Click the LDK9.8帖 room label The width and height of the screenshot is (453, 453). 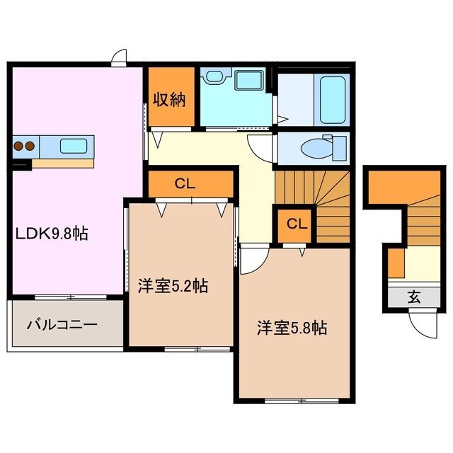click(x=49, y=234)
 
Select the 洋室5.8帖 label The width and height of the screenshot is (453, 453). click(x=291, y=328)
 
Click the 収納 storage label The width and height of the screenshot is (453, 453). click(x=170, y=99)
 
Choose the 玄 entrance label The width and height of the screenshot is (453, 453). click(x=413, y=298)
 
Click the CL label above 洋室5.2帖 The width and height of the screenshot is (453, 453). click(x=185, y=184)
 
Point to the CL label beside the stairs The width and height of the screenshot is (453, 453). click(x=297, y=224)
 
